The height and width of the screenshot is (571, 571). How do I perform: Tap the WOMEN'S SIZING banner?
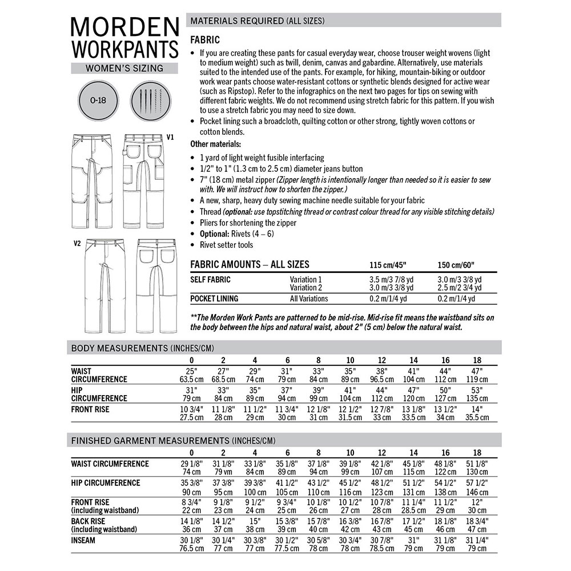click(124, 68)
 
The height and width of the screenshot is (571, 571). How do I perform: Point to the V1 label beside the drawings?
click(170, 138)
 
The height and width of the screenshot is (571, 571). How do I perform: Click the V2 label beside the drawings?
click(77, 243)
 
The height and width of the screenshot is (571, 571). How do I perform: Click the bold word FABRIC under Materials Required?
click(204, 41)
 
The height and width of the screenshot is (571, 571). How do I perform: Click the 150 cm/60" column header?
click(456, 265)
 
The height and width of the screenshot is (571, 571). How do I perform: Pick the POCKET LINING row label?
click(214, 299)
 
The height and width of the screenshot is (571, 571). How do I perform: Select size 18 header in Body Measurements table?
click(477, 360)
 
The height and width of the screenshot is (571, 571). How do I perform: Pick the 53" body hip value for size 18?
click(477, 390)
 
